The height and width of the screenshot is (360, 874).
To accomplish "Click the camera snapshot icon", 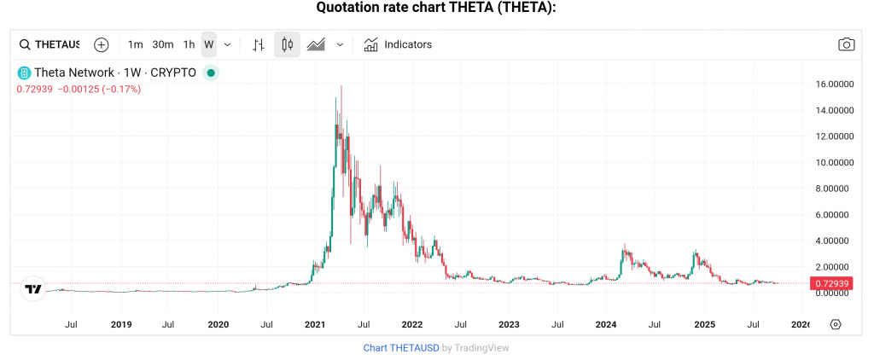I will tap(846, 44).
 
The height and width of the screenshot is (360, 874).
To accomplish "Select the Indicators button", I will tap(398, 44).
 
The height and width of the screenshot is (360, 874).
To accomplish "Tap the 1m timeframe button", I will tap(135, 44).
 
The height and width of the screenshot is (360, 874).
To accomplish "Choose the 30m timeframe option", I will tap(163, 44).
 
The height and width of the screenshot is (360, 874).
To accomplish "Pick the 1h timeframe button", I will tap(189, 44).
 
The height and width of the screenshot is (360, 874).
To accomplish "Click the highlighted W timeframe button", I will tap(209, 44).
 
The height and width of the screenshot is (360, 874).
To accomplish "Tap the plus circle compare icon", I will tap(102, 44).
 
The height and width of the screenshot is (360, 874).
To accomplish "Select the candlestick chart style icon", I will tap(287, 44).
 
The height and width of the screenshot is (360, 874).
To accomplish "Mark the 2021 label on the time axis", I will tap(316, 324).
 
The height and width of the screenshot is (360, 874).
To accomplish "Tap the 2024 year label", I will tap(606, 324).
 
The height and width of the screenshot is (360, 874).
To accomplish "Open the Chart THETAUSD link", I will tap(401, 347).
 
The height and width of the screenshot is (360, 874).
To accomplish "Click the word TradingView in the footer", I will tap(481, 347).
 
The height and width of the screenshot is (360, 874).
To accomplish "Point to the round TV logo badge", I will tap(33, 290).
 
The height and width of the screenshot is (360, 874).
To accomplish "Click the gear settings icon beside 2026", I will tap(836, 324).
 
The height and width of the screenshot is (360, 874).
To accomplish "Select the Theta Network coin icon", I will tap(24, 73).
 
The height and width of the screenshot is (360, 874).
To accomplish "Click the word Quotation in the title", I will tap(348, 8).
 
